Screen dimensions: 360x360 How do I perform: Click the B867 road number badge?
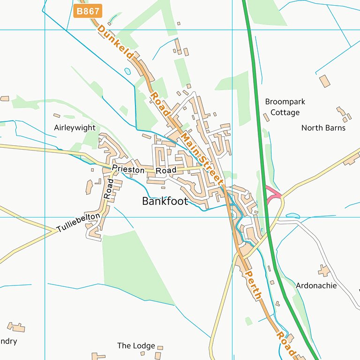tap(88, 11)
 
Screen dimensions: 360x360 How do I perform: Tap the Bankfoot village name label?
tap(165, 202)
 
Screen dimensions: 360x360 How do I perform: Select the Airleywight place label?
tap(75, 127)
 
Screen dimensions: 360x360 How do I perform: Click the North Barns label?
tap(323, 127)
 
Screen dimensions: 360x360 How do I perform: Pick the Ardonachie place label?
tap(316, 285)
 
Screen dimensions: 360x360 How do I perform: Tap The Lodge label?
tap(136, 345)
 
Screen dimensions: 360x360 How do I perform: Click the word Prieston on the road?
tap(128, 169)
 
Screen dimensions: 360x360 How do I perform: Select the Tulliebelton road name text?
tap(78, 222)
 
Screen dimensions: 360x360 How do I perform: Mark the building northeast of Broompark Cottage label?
tap(324, 81)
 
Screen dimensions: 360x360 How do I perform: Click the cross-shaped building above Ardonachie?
tap(323, 270)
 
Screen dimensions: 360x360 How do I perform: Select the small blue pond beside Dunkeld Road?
tap(127, 72)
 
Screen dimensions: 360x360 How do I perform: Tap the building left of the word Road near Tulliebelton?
tap(89, 187)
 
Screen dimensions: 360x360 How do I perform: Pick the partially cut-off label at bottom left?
tap(8, 341)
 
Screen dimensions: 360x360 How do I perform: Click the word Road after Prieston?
tap(166, 170)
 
